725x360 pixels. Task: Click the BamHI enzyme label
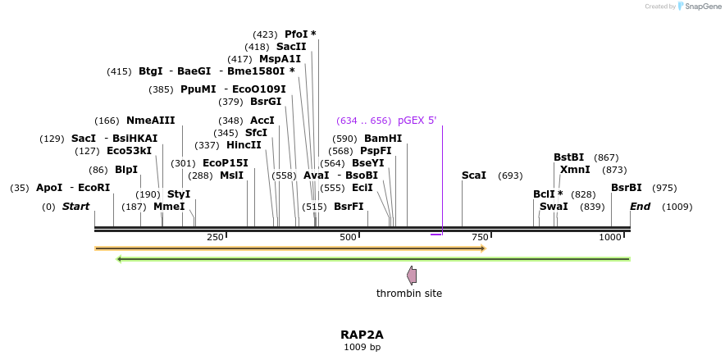pyautogui.click(x=383, y=139)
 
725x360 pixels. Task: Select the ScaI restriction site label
pyautogui.click(x=474, y=175)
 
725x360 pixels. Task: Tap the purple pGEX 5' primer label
pyautogui.click(x=417, y=121)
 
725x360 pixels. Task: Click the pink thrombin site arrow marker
pyautogui.click(x=412, y=276)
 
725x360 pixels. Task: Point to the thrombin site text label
pyautogui.click(x=409, y=294)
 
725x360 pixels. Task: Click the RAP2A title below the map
pyautogui.click(x=362, y=335)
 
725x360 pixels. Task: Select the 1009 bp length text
pyautogui.click(x=362, y=348)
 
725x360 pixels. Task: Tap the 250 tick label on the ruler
pyautogui.click(x=215, y=237)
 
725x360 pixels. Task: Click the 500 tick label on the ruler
pyautogui.click(x=348, y=237)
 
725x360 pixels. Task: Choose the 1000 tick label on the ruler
pyautogui.click(x=610, y=237)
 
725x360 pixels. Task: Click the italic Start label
pyautogui.click(x=75, y=207)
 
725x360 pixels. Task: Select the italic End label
pyautogui.click(x=640, y=207)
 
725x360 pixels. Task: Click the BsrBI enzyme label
pyautogui.click(x=627, y=188)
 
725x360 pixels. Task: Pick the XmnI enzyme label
pyautogui.click(x=575, y=170)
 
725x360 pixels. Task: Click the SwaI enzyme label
pyautogui.click(x=554, y=207)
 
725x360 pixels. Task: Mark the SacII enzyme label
pyautogui.click(x=291, y=47)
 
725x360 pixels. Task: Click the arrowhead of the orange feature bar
pyautogui.click(x=483, y=248)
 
